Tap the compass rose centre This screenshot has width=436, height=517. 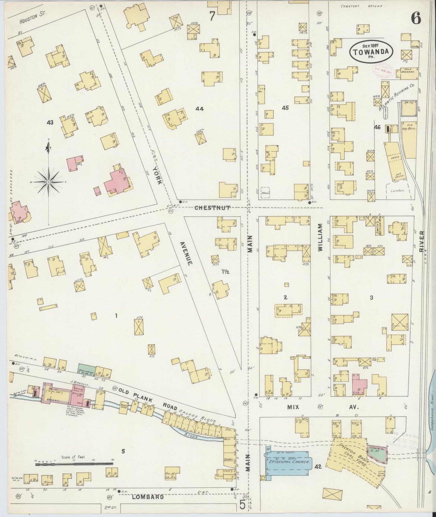click(48, 182)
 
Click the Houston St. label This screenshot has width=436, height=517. click(30, 20)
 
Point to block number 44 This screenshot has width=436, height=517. click(199, 109)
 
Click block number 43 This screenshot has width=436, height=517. click(50, 122)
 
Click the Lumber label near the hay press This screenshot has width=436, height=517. click(397, 190)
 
